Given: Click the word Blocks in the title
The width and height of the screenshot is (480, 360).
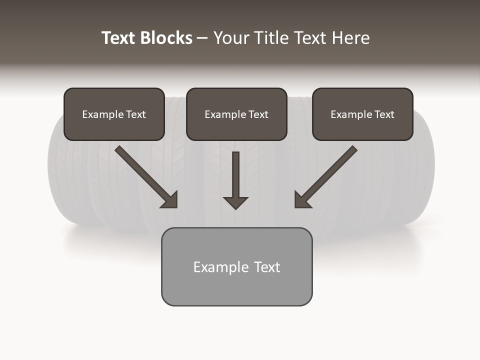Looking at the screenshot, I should tap(167, 38).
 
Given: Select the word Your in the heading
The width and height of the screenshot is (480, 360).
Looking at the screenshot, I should tap(231, 38).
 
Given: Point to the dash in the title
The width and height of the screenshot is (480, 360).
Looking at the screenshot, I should tap(202, 38).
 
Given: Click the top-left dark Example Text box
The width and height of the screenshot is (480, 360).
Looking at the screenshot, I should tap(114, 114).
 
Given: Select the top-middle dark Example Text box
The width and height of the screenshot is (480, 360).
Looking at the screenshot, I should tap(236, 114).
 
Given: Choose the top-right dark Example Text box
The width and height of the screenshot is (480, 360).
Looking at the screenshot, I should tap(362, 114).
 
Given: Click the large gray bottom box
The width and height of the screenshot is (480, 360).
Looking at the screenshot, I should tap(236, 266).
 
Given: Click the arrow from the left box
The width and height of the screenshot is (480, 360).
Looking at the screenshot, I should tap(145, 175).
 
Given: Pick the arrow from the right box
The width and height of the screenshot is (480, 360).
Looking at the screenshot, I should tap(327, 175).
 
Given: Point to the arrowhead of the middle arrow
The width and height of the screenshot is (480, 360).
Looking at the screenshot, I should tap(235, 202).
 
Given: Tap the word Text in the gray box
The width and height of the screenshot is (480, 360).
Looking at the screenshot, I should tap(267, 267).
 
